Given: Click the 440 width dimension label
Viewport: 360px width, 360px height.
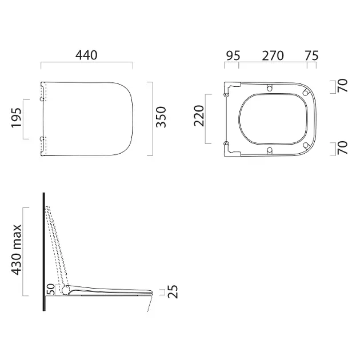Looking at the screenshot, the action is coord(86,55).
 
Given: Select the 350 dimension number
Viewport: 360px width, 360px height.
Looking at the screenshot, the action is coord(161,117).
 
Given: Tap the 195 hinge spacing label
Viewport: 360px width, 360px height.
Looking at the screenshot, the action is coord(17,117).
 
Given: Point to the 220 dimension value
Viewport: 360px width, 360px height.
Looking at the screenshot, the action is coord(199,116).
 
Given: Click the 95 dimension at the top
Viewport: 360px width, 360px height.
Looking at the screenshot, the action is coord(233,56).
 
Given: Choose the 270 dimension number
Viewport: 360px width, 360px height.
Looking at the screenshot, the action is coord(273,56).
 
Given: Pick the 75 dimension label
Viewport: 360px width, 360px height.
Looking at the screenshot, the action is coord(311,56).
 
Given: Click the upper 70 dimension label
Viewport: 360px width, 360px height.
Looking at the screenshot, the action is coord(342,85).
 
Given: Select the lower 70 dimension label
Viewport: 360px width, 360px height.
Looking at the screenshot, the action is coord(342,147).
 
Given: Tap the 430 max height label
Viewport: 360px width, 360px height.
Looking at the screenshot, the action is coord(17,250).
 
